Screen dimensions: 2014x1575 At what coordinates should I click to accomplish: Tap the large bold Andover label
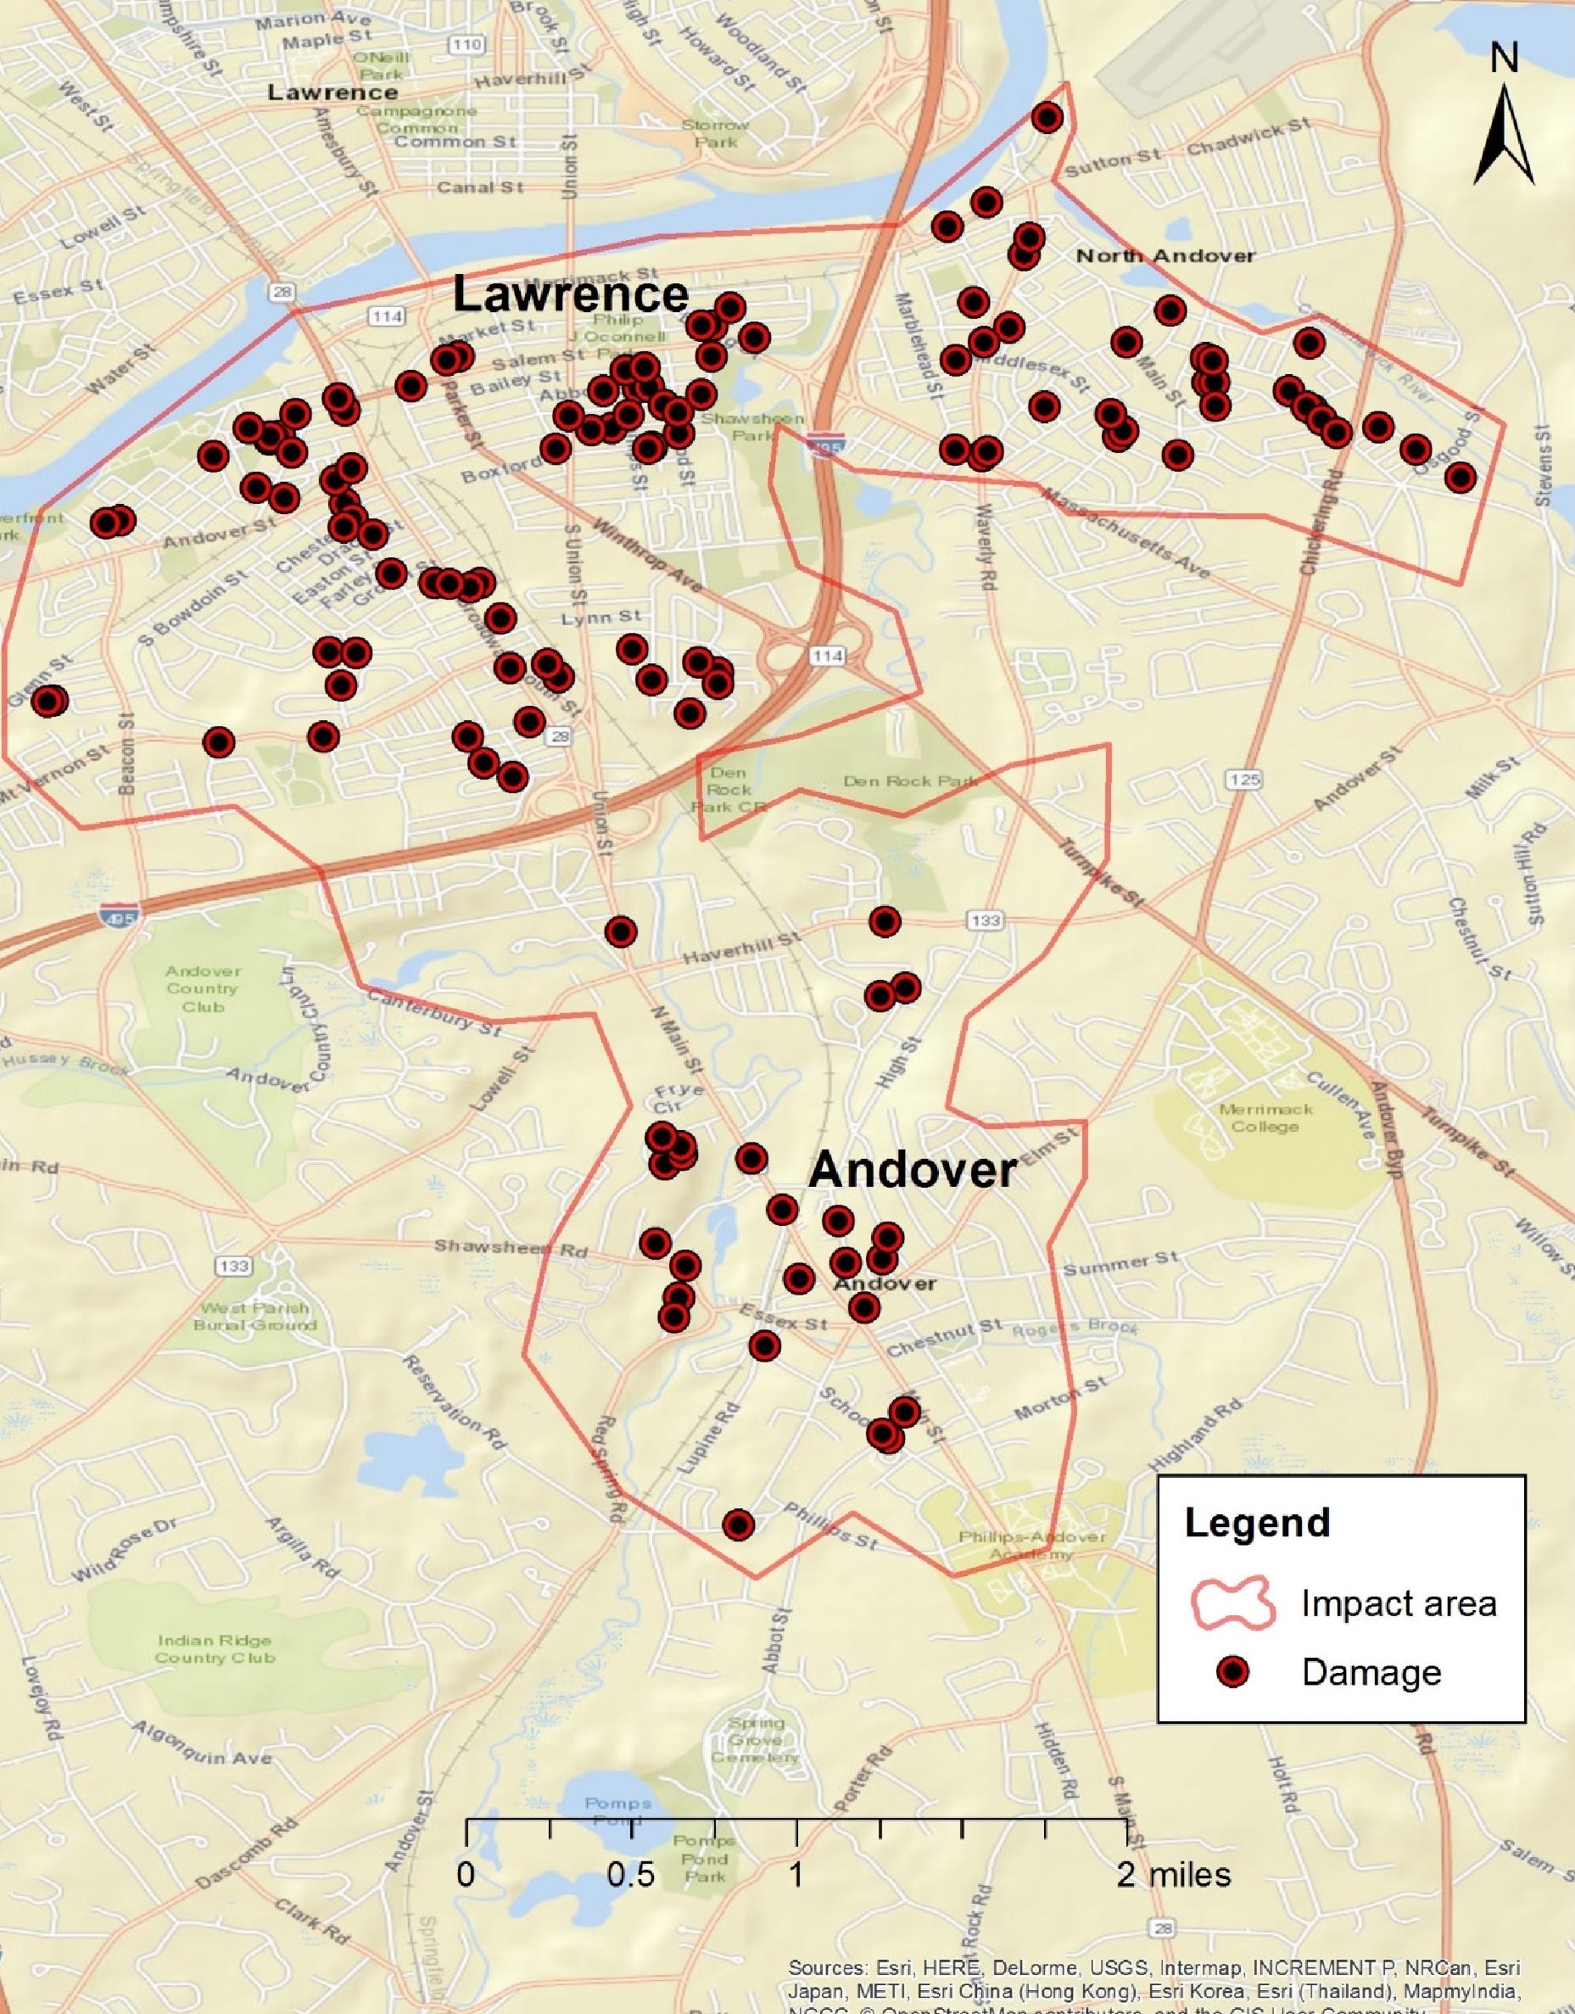[912, 1170]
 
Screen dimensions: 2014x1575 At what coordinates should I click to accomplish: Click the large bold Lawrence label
[571, 295]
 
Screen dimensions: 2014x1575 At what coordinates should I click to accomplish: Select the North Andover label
[1165, 255]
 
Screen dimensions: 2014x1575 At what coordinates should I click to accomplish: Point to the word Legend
[1257, 1523]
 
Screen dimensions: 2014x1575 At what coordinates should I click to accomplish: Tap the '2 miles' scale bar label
[1173, 1875]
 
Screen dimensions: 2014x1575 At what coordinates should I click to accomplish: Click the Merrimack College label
[1265, 1117]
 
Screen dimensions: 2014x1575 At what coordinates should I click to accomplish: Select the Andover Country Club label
[203, 988]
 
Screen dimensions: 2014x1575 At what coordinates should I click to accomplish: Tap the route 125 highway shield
[1244, 780]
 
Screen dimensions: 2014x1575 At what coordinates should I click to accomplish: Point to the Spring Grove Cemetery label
[754, 1740]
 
